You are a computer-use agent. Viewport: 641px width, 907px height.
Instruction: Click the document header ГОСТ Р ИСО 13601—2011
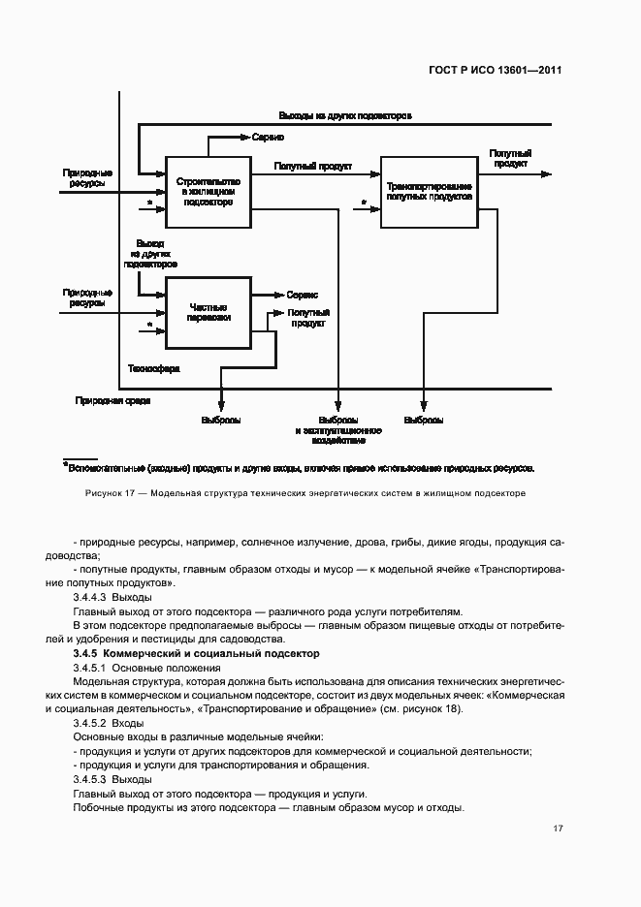point(497,70)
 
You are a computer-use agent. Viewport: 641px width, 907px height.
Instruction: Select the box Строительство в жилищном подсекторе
point(208,191)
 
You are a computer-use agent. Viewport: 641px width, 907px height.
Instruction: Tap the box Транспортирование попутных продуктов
point(429,191)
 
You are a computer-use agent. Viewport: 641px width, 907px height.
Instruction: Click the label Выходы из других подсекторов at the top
point(345,115)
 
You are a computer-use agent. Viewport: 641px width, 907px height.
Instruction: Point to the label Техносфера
point(153,369)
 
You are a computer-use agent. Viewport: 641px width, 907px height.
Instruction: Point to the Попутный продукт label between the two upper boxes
point(312,166)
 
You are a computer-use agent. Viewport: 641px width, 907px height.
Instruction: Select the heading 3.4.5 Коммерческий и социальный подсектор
point(196,655)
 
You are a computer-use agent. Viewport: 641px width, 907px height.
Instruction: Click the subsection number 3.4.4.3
point(90,598)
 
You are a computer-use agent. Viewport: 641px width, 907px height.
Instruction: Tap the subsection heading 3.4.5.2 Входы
point(108,723)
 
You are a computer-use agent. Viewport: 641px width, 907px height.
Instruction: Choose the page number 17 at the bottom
point(558,829)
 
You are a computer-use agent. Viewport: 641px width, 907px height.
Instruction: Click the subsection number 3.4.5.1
point(90,669)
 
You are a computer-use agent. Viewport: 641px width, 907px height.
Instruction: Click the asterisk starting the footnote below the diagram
point(65,466)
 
